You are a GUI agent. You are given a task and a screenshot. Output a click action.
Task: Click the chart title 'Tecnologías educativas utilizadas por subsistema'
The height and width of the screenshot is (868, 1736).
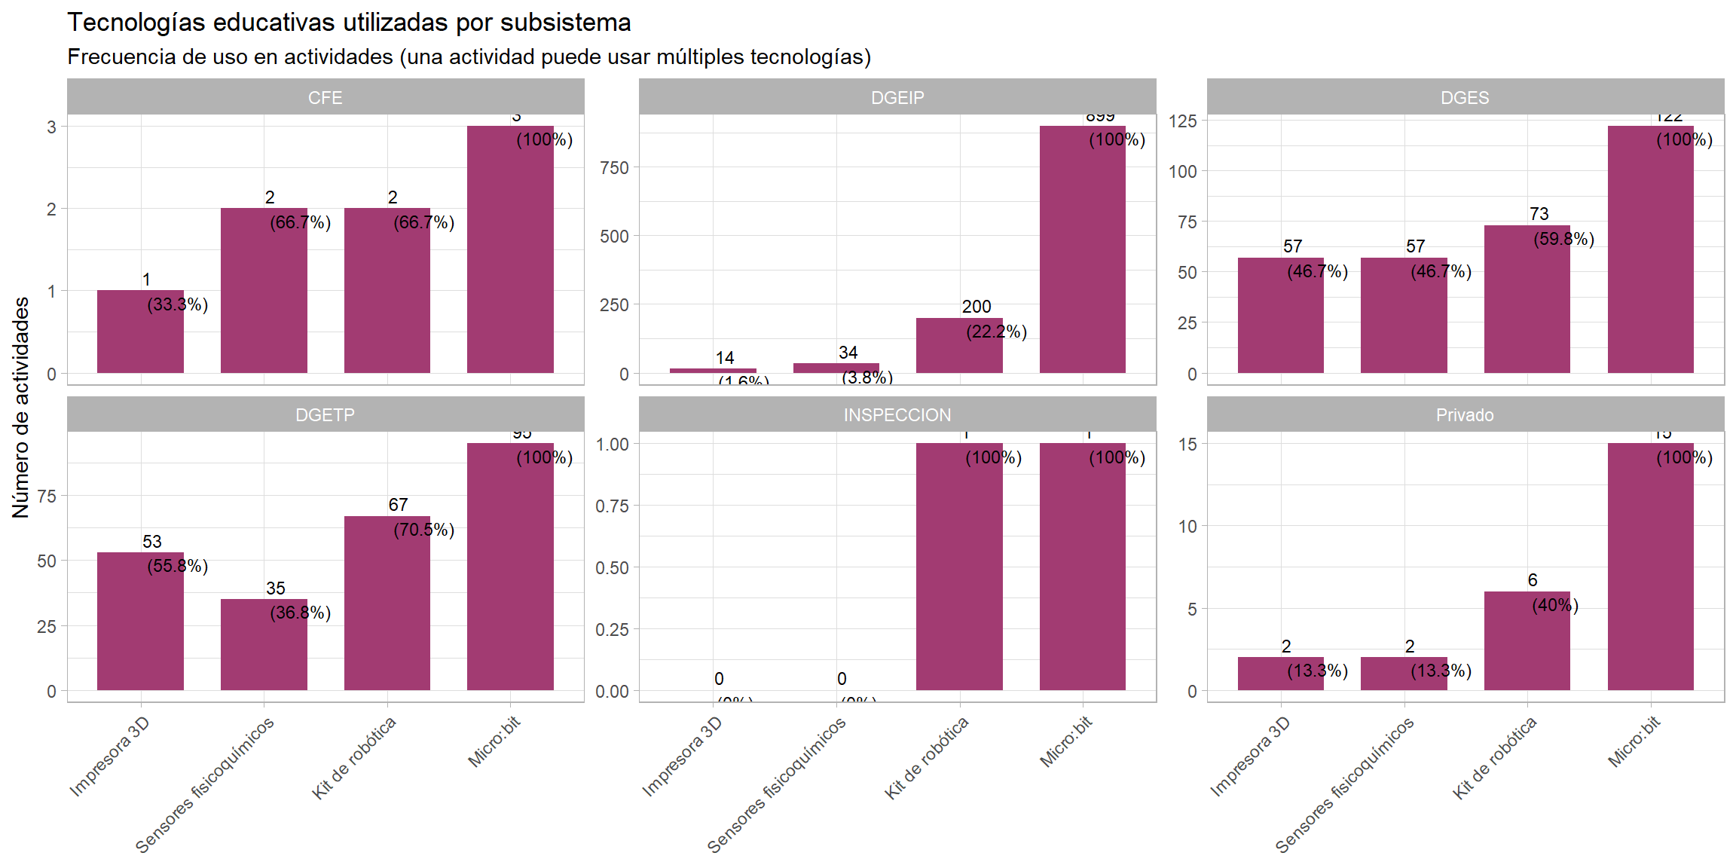pos(349,23)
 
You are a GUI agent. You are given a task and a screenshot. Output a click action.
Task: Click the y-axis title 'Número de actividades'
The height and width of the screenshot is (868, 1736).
pos(21,407)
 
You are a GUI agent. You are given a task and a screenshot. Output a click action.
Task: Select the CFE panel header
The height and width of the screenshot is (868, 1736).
pos(325,97)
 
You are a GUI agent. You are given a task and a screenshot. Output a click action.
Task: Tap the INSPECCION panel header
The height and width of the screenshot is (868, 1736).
pos(897,414)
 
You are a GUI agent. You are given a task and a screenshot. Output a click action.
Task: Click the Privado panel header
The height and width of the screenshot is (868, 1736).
pos(1465,414)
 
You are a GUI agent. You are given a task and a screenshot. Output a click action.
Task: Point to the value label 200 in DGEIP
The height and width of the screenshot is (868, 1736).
pos(976,307)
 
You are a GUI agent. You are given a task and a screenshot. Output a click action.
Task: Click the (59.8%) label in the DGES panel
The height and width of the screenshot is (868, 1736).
pos(1564,239)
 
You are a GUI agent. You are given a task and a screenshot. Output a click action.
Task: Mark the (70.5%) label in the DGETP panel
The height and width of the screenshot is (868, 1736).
pos(424,530)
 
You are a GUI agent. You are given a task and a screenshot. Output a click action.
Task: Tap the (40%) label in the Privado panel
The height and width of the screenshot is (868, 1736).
pos(1555,605)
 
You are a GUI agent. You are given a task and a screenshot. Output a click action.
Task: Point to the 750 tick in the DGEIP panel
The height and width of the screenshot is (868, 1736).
pos(614,168)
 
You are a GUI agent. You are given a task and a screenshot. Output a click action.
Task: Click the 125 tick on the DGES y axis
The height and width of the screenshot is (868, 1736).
pos(1182,121)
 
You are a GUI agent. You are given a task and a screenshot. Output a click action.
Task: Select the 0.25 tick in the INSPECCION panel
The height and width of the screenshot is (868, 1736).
pos(612,629)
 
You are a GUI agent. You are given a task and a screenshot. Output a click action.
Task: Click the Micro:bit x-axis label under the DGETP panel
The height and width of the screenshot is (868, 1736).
pos(494,742)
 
